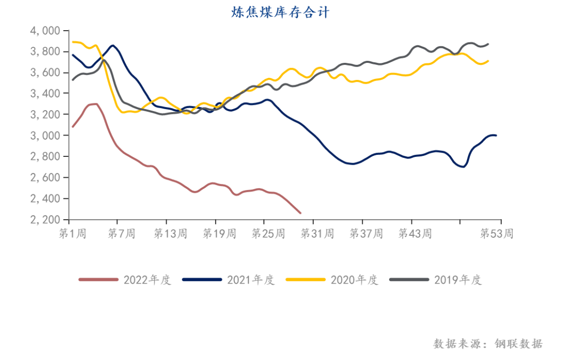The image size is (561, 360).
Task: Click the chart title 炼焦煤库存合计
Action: (280, 12)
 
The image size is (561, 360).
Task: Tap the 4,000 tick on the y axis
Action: (46, 31)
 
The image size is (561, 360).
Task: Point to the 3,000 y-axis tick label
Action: (46, 136)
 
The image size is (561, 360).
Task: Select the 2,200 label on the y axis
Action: (46, 220)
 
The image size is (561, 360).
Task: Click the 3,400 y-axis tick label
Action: (46, 94)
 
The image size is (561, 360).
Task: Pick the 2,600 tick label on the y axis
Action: (46, 178)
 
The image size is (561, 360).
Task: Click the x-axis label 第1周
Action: (73, 234)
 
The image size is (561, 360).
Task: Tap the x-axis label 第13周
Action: (170, 234)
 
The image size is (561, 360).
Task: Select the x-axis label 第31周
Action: (317, 234)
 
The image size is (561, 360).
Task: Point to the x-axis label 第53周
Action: (497, 234)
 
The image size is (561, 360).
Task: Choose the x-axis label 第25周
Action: (268, 234)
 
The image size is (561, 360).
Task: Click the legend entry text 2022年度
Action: (147, 280)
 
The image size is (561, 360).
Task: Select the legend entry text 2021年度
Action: (250, 280)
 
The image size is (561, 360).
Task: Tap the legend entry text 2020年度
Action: (354, 280)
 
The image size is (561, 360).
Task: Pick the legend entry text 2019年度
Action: (458, 280)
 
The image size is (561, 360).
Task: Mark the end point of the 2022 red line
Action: (300, 213)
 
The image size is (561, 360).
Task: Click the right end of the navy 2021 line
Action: (496, 136)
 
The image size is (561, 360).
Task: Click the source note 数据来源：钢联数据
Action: (488, 344)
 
